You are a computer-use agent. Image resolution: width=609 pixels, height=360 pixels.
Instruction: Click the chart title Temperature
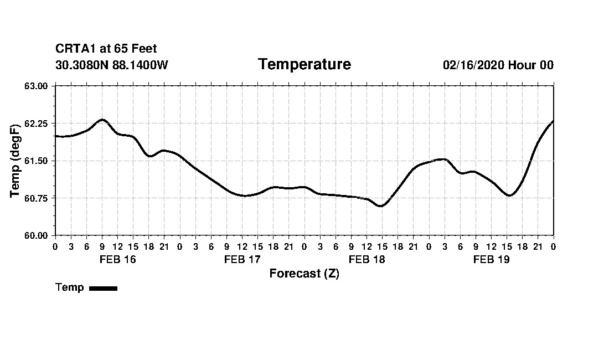click(304, 65)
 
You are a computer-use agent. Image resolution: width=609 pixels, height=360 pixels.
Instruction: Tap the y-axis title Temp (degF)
click(15, 161)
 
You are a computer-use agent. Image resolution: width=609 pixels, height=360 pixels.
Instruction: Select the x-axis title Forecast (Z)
click(304, 273)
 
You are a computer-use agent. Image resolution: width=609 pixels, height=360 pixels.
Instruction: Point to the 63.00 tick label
click(37, 86)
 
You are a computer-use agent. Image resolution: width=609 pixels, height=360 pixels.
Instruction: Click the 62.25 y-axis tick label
click(37, 123)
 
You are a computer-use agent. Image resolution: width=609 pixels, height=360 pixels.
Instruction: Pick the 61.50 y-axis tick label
click(37, 161)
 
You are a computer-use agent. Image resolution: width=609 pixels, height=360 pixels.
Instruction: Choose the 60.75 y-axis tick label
click(37, 198)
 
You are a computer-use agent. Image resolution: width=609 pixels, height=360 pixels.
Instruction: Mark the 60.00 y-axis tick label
click(37, 235)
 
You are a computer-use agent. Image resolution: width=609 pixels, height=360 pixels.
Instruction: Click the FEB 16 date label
click(117, 259)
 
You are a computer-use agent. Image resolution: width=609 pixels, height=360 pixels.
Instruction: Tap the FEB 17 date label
click(242, 259)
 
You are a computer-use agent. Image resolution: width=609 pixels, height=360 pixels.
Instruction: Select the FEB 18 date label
click(367, 259)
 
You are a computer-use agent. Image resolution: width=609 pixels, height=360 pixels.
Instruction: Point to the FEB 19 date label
click(491, 259)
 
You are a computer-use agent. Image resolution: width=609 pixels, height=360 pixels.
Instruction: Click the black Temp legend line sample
click(103, 288)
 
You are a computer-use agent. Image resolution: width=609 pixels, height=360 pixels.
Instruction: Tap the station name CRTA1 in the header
click(75, 49)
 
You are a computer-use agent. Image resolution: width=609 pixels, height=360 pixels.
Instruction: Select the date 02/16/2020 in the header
click(473, 65)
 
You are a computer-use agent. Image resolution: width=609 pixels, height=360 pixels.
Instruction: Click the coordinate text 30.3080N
click(82, 65)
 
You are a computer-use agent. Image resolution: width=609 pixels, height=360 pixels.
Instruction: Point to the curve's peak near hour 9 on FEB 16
click(102, 119)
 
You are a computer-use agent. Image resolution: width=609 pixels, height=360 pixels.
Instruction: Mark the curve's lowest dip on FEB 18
click(380, 206)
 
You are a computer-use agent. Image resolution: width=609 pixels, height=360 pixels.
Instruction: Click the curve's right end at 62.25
click(553, 121)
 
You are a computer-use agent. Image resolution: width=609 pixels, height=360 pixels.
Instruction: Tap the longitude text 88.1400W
click(140, 65)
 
